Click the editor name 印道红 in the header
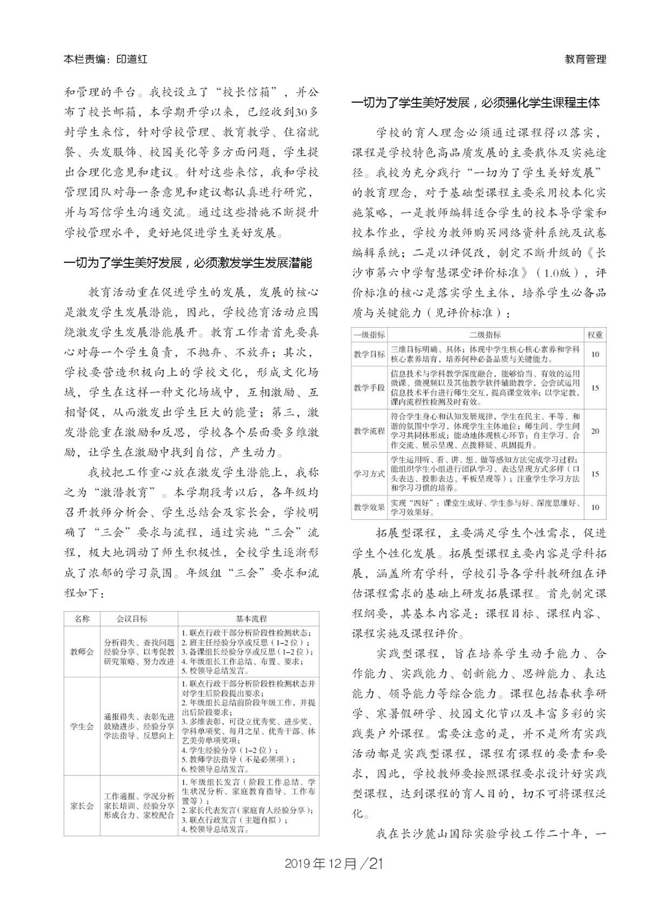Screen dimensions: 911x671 (132, 59)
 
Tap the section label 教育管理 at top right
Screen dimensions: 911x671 (585, 59)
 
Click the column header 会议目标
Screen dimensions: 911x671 (132, 619)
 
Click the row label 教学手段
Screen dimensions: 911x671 (369, 388)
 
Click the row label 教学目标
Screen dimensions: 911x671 (369, 354)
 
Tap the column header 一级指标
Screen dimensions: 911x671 (369, 335)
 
